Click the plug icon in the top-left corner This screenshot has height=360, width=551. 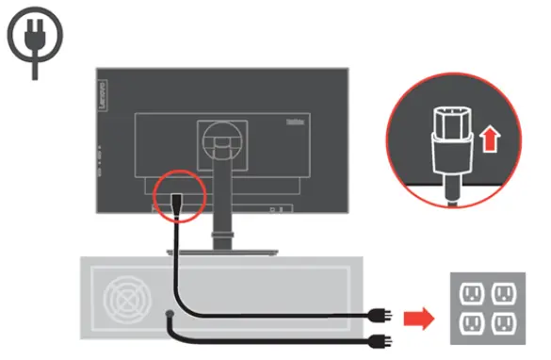click(x=35, y=40)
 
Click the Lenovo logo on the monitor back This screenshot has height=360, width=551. click(x=103, y=88)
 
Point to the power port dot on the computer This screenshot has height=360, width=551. click(x=168, y=313)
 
